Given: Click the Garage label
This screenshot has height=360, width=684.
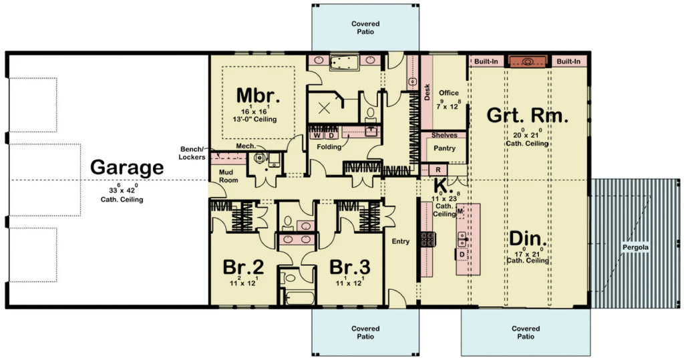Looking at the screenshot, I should coord(127,166).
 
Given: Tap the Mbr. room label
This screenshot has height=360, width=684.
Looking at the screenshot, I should coord(259,95).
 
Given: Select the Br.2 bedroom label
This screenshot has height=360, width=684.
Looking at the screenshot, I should coord(243,267).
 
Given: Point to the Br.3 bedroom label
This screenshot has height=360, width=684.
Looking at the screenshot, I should coord(350,267).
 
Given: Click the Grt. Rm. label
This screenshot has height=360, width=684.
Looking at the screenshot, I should coord(528,115).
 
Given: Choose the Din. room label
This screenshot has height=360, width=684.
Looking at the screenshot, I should coord(528,238).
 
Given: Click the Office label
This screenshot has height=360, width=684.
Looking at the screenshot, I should coord(449,93).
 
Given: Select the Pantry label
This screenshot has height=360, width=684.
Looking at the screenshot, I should coord(444,148).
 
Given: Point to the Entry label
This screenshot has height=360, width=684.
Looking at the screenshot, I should coord(401,241).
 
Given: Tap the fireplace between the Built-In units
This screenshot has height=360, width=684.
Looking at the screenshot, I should coord(528,61).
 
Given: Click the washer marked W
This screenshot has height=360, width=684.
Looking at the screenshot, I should coord(317,135).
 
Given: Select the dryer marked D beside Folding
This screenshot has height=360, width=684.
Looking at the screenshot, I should coord(330,135).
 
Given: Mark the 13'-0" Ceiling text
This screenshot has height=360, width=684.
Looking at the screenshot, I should coord(254,120).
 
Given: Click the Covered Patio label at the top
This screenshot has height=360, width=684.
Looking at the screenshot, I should coord(365,27).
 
